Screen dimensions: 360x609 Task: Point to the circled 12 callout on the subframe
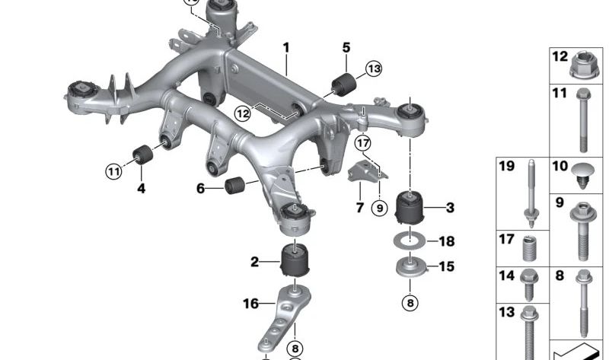(x=242, y=114)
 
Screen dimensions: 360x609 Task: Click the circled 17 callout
(x=362, y=142)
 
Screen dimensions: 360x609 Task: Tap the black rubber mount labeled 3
(x=411, y=207)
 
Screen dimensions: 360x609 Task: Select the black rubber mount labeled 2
(x=294, y=260)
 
